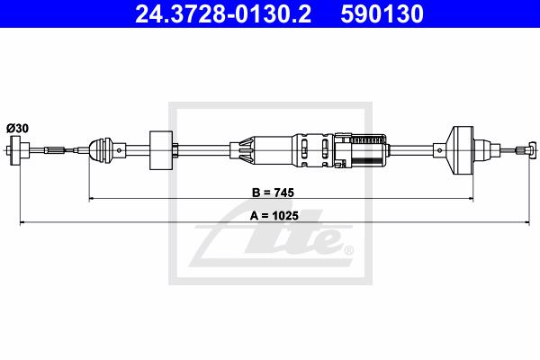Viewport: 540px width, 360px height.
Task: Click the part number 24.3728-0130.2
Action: tap(223, 14)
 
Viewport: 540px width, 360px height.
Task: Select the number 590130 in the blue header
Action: tap(382, 14)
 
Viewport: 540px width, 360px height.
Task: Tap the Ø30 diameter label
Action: tap(17, 129)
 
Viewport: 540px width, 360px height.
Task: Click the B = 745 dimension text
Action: tap(273, 193)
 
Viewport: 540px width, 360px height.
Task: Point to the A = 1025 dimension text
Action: tap(274, 216)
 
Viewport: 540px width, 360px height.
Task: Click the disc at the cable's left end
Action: tap(15, 150)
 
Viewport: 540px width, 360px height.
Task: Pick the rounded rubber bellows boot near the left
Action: tap(101, 150)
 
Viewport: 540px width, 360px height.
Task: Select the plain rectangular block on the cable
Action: tap(161, 150)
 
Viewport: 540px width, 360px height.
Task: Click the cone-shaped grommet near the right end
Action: tap(461, 150)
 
